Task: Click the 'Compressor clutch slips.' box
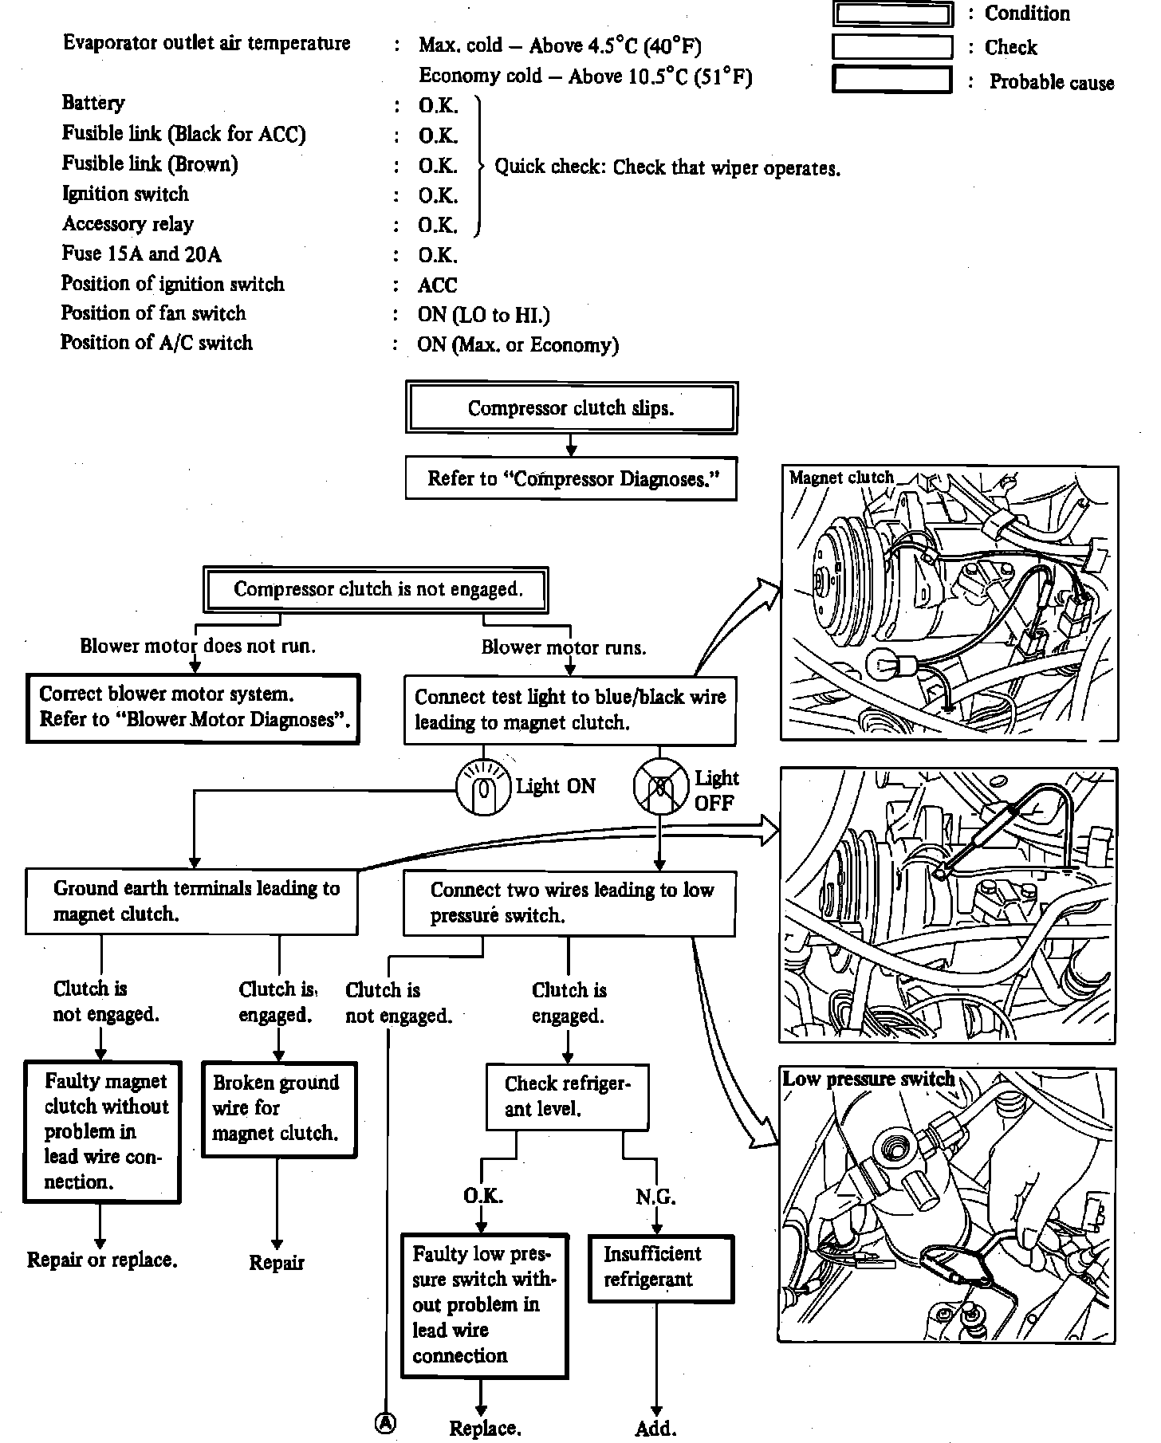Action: pyautogui.click(x=571, y=408)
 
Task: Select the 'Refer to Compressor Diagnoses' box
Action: pyautogui.click(x=571, y=478)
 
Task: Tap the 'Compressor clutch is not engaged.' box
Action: pyautogui.click(x=376, y=590)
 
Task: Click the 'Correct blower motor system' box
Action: pyautogui.click(x=193, y=708)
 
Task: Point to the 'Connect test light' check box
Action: pyautogui.click(x=569, y=710)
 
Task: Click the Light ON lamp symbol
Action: pyautogui.click(x=482, y=788)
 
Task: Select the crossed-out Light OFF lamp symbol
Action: pyautogui.click(x=660, y=787)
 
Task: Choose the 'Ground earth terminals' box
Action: pyautogui.click(x=191, y=901)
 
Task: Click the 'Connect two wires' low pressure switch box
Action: pyautogui.click(x=569, y=902)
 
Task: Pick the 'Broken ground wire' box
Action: pyautogui.click(x=278, y=1108)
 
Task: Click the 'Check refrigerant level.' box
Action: pyautogui.click(x=567, y=1096)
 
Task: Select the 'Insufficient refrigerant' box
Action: pyautogui.click(x=660, y=1268)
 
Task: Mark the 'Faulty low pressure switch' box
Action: pyautogui.click(x=484, y=1305)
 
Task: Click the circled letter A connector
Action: pyautogui.click(x=386, y=1423)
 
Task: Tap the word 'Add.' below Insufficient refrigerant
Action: pyautogui.click(x=655, y=1428)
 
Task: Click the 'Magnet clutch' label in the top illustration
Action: pyautogui.click(x=841, y=478)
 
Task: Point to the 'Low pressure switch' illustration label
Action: pyautogui.click(x=868, y=1079)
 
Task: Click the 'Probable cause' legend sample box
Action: pyautogui.click(x=892, y=81)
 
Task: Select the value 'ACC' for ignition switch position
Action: pyautogui.click(x=438, y=285)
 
